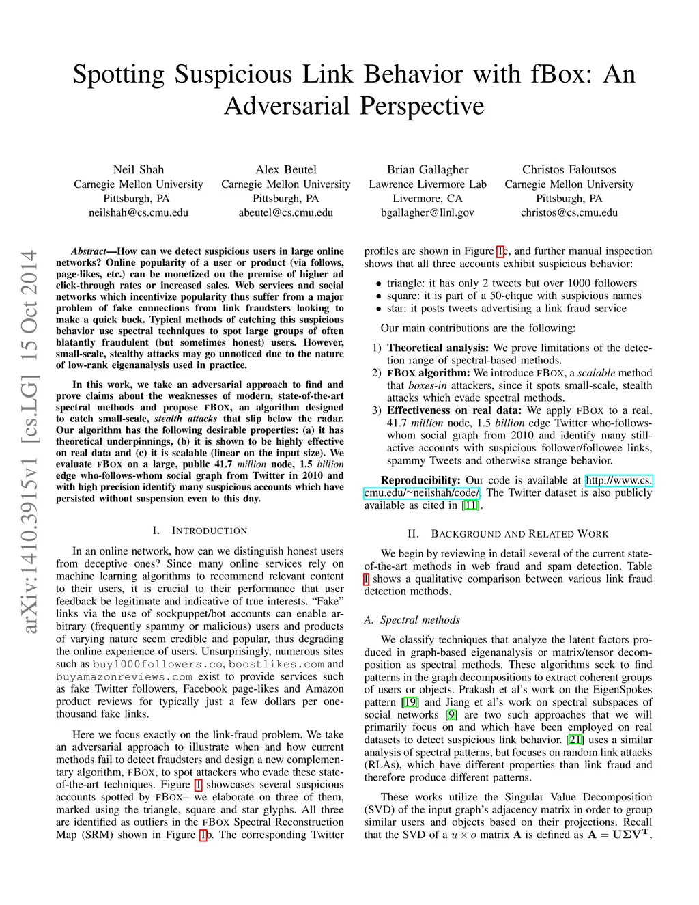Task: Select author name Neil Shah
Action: pos(139,169)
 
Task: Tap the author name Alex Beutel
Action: pos(286,169)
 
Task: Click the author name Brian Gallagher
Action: pos(428,169)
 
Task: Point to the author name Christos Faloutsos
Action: pos(569,169)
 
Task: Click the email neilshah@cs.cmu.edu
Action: pos(139,212)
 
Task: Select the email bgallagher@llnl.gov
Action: pos(428,212)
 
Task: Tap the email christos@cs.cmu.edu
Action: pos(569,212)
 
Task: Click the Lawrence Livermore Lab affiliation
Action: pos(428,184)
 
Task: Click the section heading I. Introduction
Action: pos(200,531)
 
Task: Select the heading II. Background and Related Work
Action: pos(508,533)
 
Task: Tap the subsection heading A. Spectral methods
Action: pos(412,619)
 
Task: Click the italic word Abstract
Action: pos(89,251)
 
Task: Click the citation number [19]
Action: pos(410,702)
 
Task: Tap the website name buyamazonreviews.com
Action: pos(124,677)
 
